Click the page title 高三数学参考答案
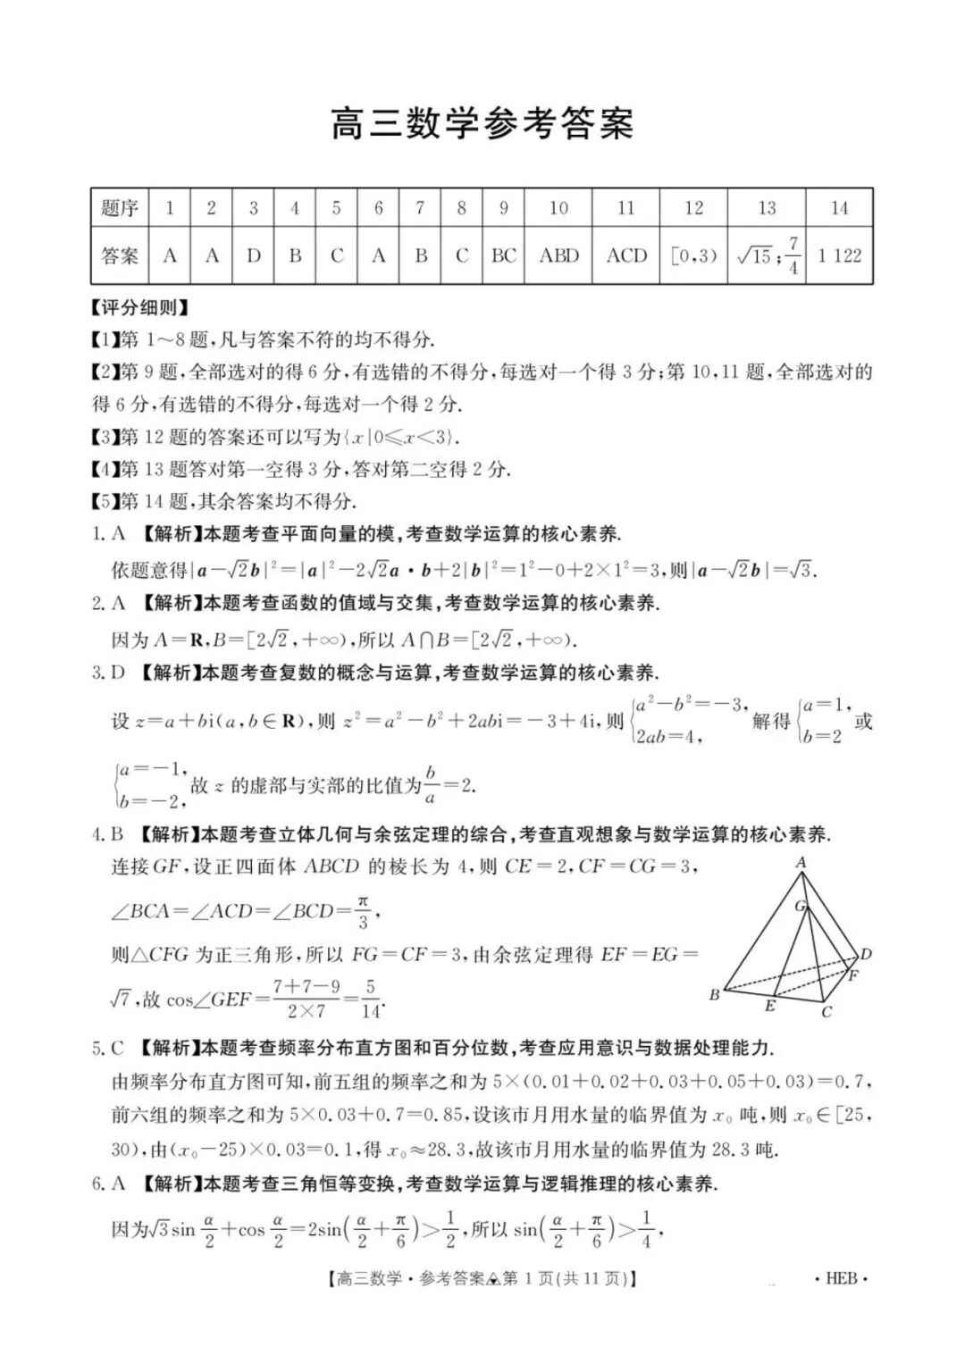482,124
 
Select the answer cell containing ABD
558,255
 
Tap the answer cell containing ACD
626,255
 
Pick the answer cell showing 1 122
839,255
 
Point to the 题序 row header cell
120,208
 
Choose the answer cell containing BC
504,255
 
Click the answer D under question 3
254,255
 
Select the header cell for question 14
839,208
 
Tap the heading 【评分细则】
140,308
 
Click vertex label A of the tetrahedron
801,863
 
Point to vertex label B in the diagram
715,995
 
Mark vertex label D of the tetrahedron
865,954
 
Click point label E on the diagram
769,1007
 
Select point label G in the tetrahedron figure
801,906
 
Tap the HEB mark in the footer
841,1278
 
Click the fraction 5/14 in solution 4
370,1000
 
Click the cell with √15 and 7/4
767,255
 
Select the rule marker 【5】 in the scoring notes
105,501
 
